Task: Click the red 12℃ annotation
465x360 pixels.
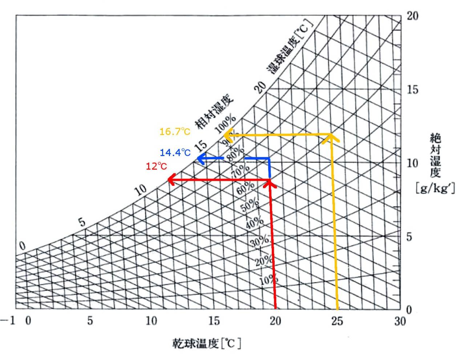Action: [x=156, y=166]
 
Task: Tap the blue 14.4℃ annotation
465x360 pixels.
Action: [x=175, y=152]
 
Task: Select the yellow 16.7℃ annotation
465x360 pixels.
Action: [x=175, y=131]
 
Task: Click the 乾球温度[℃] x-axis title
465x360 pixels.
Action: [x=206, y=343]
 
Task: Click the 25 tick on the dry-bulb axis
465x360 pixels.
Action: [x=337, y=321]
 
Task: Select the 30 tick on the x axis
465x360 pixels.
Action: [x=400, y=321]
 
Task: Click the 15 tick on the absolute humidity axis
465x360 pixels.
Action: [x=412, y=90]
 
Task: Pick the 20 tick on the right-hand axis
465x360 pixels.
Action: [x=412, y=16]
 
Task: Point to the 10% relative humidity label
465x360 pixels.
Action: [x=268, y=280]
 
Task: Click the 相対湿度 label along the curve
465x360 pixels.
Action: [x=214, y=112]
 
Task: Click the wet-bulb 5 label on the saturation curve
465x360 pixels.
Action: [x=82, y=222]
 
